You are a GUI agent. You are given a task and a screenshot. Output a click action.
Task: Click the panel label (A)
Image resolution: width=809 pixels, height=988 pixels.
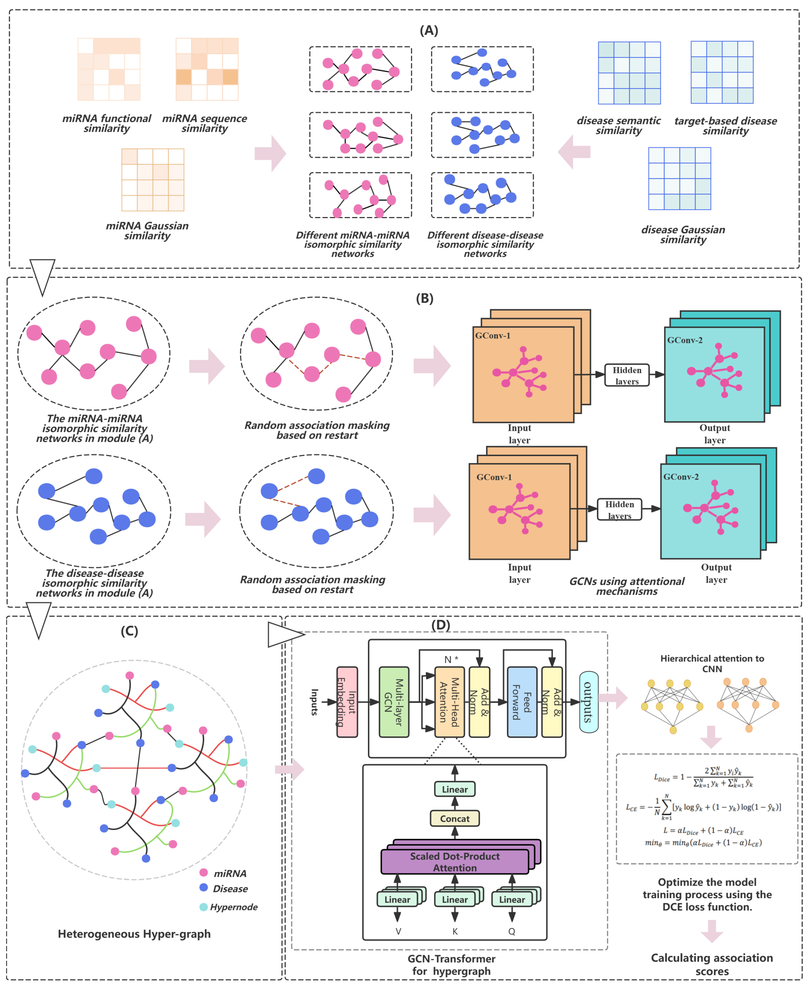click(429, 30)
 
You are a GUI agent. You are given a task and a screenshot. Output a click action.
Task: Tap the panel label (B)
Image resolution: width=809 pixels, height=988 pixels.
click(425, 298)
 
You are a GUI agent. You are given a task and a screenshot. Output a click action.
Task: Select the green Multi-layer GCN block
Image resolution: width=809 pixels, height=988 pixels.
click(394, 702)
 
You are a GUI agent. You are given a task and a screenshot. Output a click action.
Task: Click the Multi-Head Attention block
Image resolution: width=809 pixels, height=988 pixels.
click(449, 702)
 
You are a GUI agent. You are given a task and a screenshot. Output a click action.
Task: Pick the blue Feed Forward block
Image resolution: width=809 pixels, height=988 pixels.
click(522, 702)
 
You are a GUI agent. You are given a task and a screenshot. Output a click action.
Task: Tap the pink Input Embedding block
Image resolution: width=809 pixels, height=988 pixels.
click(347, 702)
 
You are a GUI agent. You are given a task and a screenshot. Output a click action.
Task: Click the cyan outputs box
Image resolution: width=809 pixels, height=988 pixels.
click(589, 702)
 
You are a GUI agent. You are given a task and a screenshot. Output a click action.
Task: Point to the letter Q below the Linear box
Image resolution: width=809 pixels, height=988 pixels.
click(512, 931)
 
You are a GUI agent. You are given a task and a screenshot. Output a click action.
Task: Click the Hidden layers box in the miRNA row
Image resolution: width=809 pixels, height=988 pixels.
click(627, 375)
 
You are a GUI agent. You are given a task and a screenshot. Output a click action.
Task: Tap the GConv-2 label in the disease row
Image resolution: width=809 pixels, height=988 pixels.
click(681, 476)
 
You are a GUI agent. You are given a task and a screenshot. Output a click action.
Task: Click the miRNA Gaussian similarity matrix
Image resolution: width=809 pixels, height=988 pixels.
click(153, 180)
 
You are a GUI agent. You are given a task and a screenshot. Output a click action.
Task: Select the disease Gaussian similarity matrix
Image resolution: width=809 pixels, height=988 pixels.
click(680, 179)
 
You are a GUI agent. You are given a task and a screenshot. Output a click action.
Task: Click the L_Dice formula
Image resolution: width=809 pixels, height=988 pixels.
click(704, 777)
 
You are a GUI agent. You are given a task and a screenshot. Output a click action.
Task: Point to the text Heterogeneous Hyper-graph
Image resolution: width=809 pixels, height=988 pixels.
click(134, 934)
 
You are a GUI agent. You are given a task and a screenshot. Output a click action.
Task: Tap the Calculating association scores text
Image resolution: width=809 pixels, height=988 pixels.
click(712, 964)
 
